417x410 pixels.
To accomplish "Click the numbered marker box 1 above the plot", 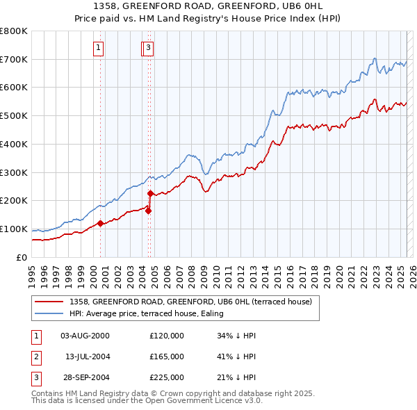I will pos(99,48).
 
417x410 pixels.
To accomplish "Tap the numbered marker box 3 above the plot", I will pos(149,48).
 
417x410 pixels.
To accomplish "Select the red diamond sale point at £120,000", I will pos(100,223).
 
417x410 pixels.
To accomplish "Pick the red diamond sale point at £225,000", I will pos(151,194).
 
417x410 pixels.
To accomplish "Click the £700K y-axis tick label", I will pos(14,59).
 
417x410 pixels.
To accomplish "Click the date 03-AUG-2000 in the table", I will pos(85,336).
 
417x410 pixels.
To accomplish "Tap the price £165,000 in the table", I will pos(167,356).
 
